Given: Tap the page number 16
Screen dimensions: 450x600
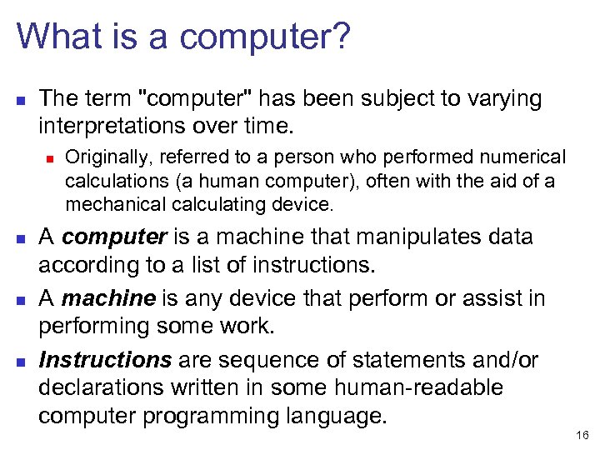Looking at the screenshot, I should click(582, 435).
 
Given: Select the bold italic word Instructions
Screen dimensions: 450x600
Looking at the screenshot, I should click(104, 360).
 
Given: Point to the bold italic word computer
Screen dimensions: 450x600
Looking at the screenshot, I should click(113, 237).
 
